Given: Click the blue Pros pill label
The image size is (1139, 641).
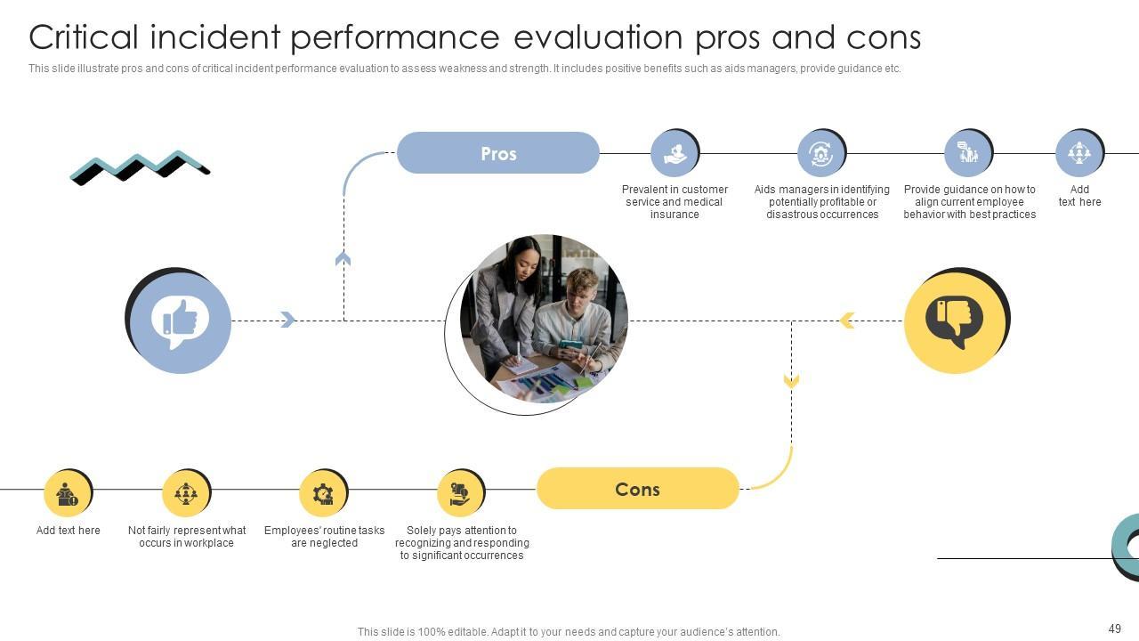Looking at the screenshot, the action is click(497, 153).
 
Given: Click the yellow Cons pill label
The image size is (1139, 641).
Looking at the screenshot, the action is click(637, 489).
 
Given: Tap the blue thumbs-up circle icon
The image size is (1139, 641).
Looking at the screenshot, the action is click(180, 321).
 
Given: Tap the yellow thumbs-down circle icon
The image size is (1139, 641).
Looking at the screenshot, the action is click(955, 321).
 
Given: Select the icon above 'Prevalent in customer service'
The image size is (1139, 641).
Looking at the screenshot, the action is click(675, 153).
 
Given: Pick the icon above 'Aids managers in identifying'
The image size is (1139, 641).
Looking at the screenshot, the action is click(820, 153).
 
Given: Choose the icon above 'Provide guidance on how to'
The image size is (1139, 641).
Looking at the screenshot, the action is click(967, 153).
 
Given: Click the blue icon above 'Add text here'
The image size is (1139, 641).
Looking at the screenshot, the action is click(1078, 153).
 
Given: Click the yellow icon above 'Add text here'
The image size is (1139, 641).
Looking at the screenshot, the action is click(68, 493).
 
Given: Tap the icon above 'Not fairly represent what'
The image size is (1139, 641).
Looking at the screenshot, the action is click(186, 493).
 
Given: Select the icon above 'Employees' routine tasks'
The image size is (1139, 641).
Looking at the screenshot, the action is click(323, 493).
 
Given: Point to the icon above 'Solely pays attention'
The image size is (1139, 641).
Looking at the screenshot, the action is click(460, 493).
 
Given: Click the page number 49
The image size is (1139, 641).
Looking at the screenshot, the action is click(1115, 629).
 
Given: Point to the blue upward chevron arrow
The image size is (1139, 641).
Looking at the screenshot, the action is click(343, 259).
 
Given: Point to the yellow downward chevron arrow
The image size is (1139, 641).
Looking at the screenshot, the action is click(791, 381).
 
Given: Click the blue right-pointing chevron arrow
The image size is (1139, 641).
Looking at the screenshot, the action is click(287, 320).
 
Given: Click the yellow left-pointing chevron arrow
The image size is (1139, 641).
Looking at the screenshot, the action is click(847, 320).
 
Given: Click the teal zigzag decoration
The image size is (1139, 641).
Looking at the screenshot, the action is click(140, 166).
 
